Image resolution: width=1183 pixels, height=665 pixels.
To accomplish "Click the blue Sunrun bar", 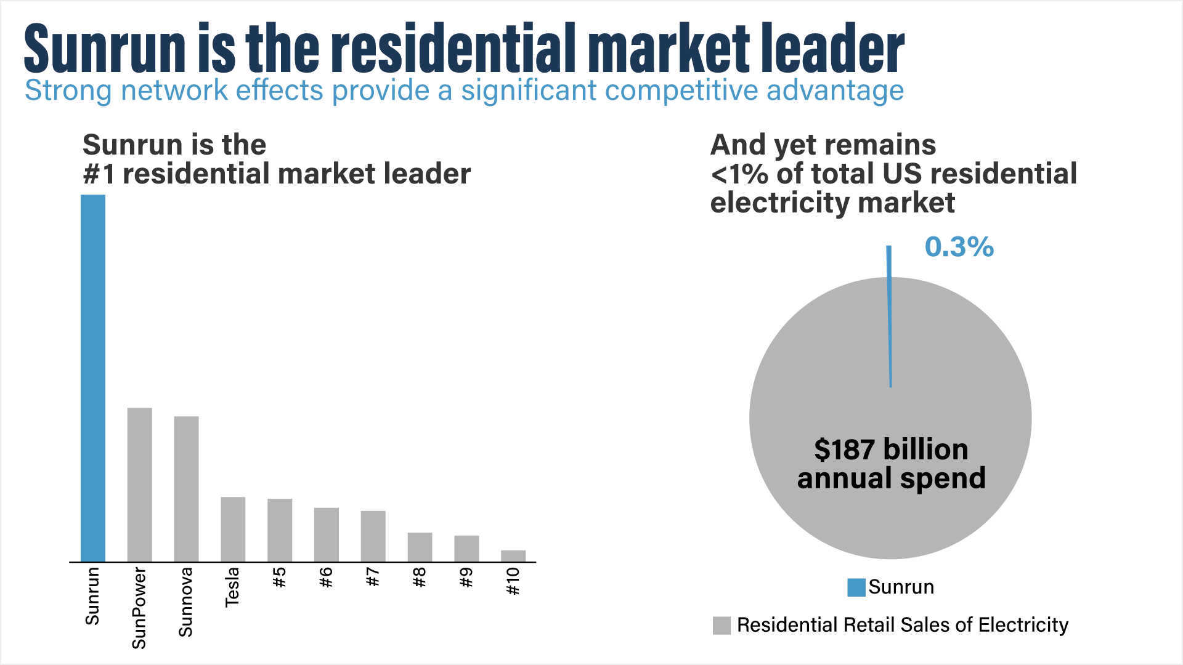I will tap(93, 378).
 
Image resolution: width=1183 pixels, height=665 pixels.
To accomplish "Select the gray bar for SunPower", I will tap(140, 485).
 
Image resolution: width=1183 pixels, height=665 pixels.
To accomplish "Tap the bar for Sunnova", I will tap(186, 489).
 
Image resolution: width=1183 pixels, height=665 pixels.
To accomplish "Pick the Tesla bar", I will tap(233, 529).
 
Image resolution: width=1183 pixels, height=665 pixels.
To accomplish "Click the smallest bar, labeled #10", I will tap(513, 556).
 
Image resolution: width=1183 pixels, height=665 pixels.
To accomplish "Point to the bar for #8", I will tap(420, 547).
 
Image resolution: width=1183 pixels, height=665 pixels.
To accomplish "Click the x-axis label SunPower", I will tap(140, 608).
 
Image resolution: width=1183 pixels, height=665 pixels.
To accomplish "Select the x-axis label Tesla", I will tap(233, 587).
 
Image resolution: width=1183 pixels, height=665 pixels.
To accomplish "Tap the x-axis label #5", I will tap(280, 578).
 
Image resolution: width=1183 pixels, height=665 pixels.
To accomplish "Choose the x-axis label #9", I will tap(466, 578).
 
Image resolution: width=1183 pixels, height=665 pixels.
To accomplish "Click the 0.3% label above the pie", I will tap(959, 247).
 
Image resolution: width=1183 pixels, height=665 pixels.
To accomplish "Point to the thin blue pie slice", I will tap(890, 320).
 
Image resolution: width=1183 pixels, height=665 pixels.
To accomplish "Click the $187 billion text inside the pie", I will tap(891, 449).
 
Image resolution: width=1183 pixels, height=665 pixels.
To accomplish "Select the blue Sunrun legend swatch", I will tap(856, 587).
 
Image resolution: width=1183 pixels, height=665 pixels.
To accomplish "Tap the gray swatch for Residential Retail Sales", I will tap(722, 626).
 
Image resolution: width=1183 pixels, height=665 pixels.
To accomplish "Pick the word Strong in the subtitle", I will tap(68, 91).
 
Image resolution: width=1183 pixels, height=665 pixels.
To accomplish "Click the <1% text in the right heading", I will tap(739, 174).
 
